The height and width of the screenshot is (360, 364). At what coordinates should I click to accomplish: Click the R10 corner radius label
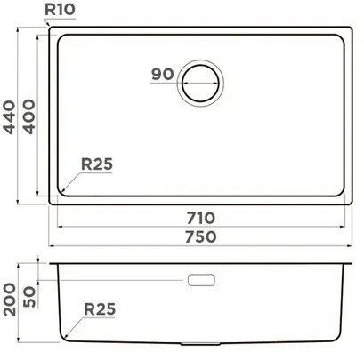(x=61, y=11)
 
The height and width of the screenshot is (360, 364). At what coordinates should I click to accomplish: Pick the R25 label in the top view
(x=96, y=164)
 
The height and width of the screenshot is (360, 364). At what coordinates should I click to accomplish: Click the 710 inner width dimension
(x=200, y=217)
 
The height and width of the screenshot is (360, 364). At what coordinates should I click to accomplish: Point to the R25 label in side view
(x=101, y=309)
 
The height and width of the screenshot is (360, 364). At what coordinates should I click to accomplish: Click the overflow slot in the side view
(x=202, y=280)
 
